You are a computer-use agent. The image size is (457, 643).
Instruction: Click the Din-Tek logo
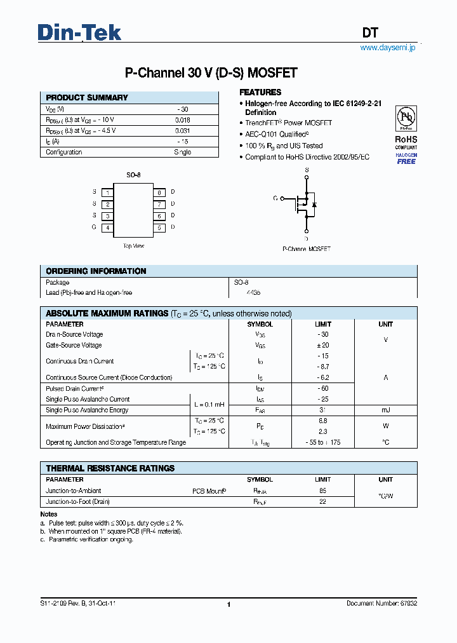79,32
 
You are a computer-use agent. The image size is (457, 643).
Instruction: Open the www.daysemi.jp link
387,48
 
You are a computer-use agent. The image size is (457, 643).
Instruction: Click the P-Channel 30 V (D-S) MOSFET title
211,73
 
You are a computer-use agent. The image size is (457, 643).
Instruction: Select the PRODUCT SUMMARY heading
87,98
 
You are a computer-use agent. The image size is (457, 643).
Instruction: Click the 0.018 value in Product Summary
182,120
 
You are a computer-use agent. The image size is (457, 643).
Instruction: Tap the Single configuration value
182,152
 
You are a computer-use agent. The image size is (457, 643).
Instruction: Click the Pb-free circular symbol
406,119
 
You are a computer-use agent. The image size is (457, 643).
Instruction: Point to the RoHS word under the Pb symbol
406,139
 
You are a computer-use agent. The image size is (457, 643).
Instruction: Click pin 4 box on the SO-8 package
109,227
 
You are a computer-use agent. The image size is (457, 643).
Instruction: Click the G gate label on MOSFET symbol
275,199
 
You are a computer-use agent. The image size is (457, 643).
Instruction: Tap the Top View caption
133,245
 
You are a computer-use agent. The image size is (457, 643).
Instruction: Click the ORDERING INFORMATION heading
96,271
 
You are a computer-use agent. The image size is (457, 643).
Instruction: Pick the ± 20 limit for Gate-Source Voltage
323,345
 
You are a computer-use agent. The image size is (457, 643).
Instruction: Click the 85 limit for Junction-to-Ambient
323,491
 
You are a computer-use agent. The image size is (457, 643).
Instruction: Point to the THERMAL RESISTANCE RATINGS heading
110,468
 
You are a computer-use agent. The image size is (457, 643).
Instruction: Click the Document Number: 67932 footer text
381,604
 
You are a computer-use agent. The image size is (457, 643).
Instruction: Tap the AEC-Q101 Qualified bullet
277,134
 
